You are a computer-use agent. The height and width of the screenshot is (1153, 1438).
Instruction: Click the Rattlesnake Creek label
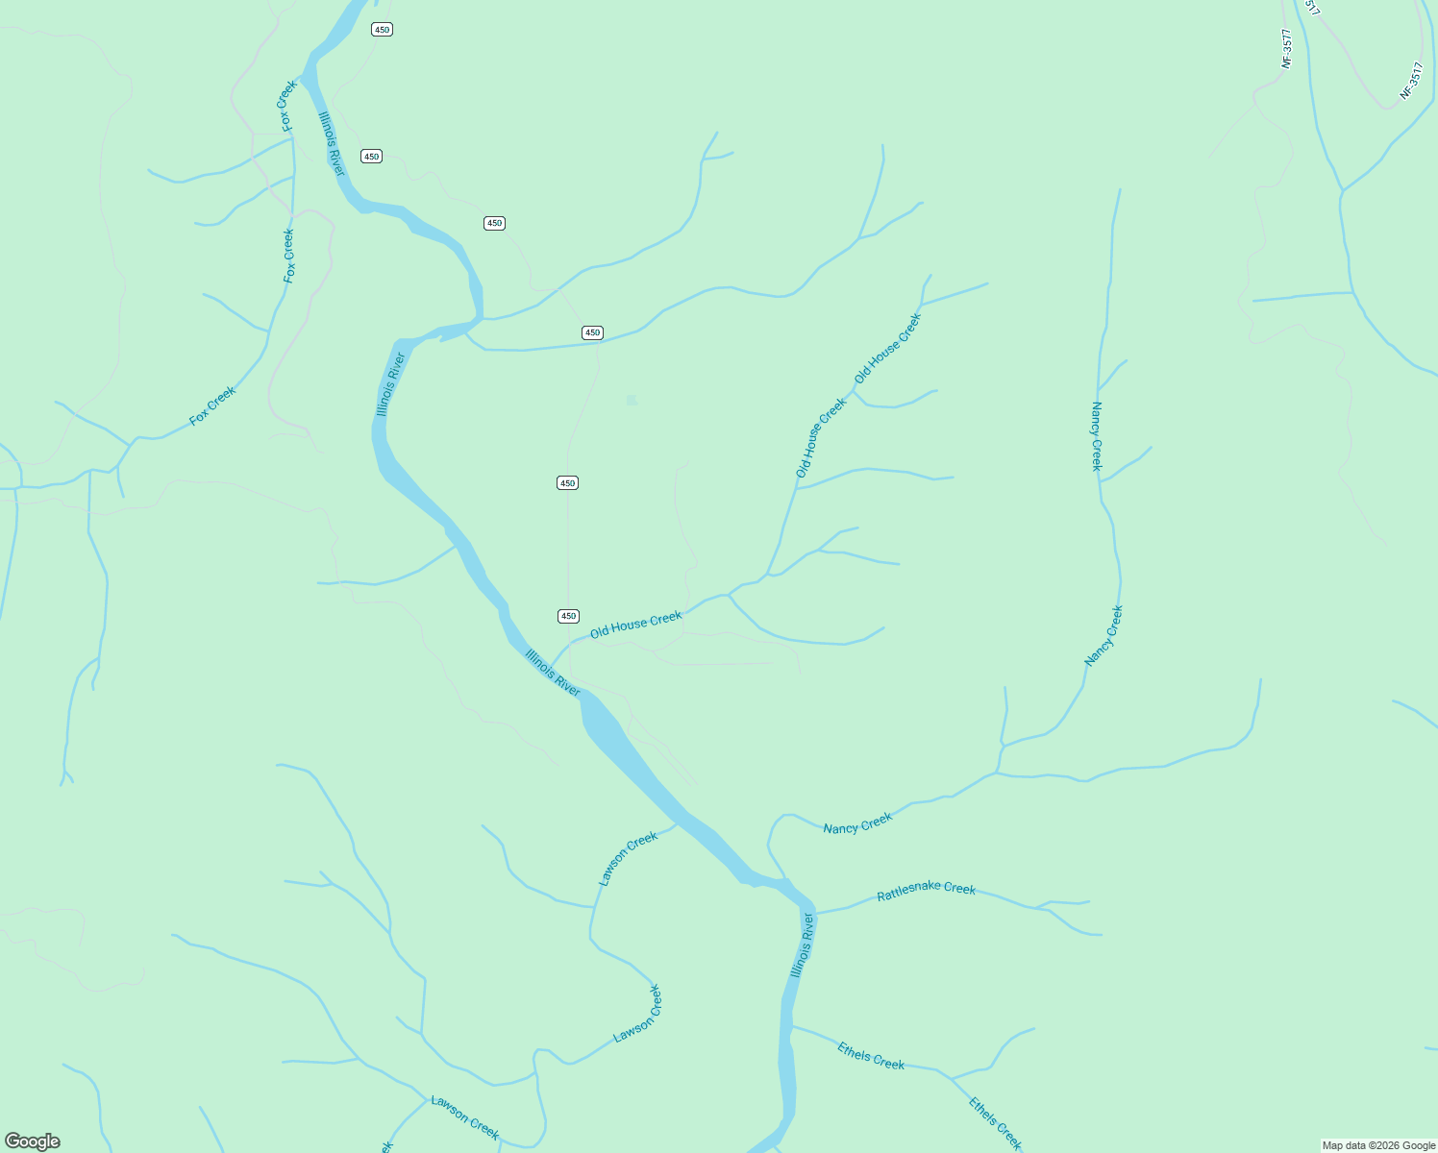tap(926, 889)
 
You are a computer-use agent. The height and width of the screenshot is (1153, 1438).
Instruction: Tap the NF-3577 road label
tap(1287, 47)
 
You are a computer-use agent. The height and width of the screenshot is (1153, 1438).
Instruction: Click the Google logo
tap(32, 1141)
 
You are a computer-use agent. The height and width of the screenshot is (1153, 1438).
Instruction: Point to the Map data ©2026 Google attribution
tap(1378, 1145)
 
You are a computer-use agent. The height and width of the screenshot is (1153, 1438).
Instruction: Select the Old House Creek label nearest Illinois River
tap(635, 624)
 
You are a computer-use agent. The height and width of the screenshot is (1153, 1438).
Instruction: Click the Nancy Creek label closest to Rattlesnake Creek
tap(857, 823)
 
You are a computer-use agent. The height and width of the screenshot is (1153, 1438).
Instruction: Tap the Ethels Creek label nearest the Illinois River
tap(870, 1056)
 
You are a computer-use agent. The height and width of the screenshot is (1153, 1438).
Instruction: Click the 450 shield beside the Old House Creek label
tap(568, 616)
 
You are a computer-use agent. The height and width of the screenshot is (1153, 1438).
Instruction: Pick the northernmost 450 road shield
tap(382, 30)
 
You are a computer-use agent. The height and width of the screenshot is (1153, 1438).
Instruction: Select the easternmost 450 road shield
tap(592, 332)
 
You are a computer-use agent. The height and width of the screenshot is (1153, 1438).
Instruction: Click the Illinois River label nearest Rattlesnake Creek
tap(803, 945)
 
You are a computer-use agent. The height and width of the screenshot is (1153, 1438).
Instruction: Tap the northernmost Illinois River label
tap(331, 144)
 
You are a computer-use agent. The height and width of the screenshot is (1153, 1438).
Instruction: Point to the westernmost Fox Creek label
tap(212, 406)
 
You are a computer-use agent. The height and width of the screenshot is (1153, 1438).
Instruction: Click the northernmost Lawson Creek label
tap(628, 857)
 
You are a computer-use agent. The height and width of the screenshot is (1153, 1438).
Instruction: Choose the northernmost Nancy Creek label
tap(1097, 436)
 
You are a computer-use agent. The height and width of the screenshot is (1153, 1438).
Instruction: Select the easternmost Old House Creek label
tap(887, 348)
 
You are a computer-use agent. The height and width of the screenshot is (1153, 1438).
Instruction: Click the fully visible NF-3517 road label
tap(1410, 81)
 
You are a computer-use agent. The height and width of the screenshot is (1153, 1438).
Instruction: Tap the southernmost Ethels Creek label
tap(995, 1123)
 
